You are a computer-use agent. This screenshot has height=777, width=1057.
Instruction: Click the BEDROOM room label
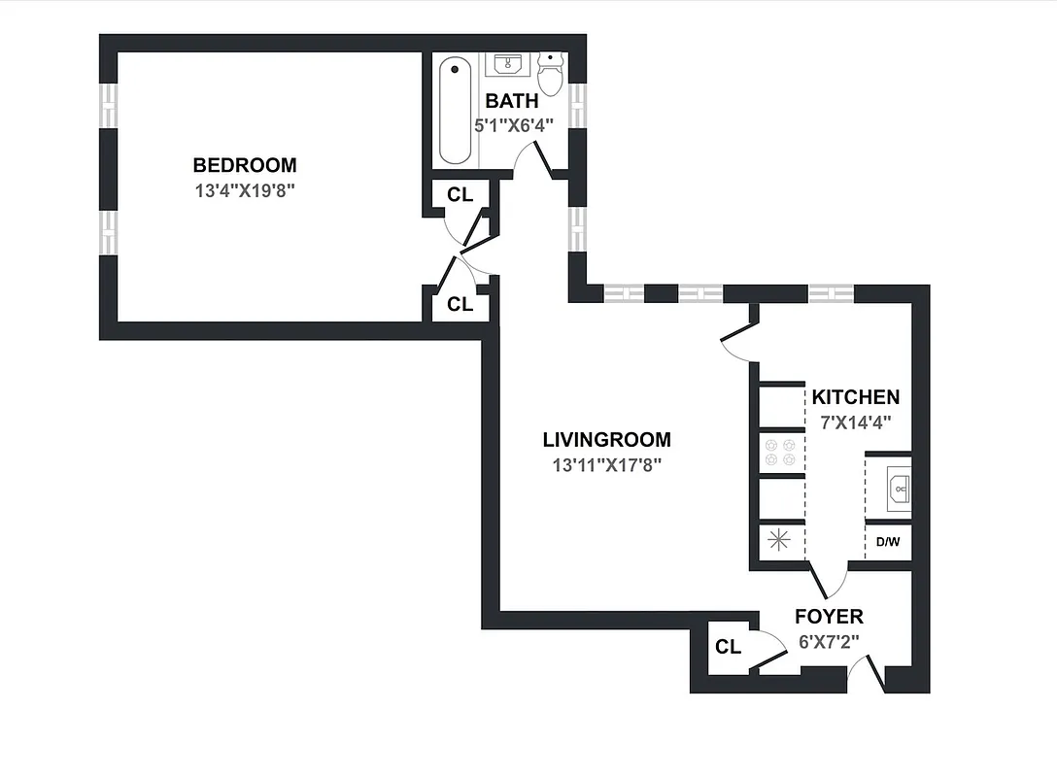coord(245,165)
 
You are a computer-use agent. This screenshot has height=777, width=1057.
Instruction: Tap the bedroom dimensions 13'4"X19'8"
coord(245,190)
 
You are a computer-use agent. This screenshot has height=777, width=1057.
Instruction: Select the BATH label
coord(512,101)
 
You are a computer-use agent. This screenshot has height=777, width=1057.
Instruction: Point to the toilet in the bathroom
coord(551,74)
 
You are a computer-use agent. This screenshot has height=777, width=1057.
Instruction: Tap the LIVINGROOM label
coord(606,440)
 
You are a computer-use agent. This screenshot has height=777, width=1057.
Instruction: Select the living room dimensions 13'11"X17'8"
coord(606,465)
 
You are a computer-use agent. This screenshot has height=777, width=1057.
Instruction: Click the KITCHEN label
coord(856,397)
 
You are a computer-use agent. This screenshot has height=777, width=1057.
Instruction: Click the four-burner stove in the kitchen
coord(780,452)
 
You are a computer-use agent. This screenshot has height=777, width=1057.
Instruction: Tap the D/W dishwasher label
coord(888,542)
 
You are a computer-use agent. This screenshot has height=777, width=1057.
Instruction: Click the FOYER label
coord(829,617)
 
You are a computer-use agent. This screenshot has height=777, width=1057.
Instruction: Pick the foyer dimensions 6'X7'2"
coord(828,641)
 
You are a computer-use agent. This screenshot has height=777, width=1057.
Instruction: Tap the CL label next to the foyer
coord(729,647)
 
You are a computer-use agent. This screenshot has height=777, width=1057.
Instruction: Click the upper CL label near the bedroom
coord(460,194)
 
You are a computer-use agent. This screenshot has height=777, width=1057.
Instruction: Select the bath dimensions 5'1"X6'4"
coord(513,125)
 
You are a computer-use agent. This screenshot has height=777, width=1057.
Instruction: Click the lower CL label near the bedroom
coord(460,304)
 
